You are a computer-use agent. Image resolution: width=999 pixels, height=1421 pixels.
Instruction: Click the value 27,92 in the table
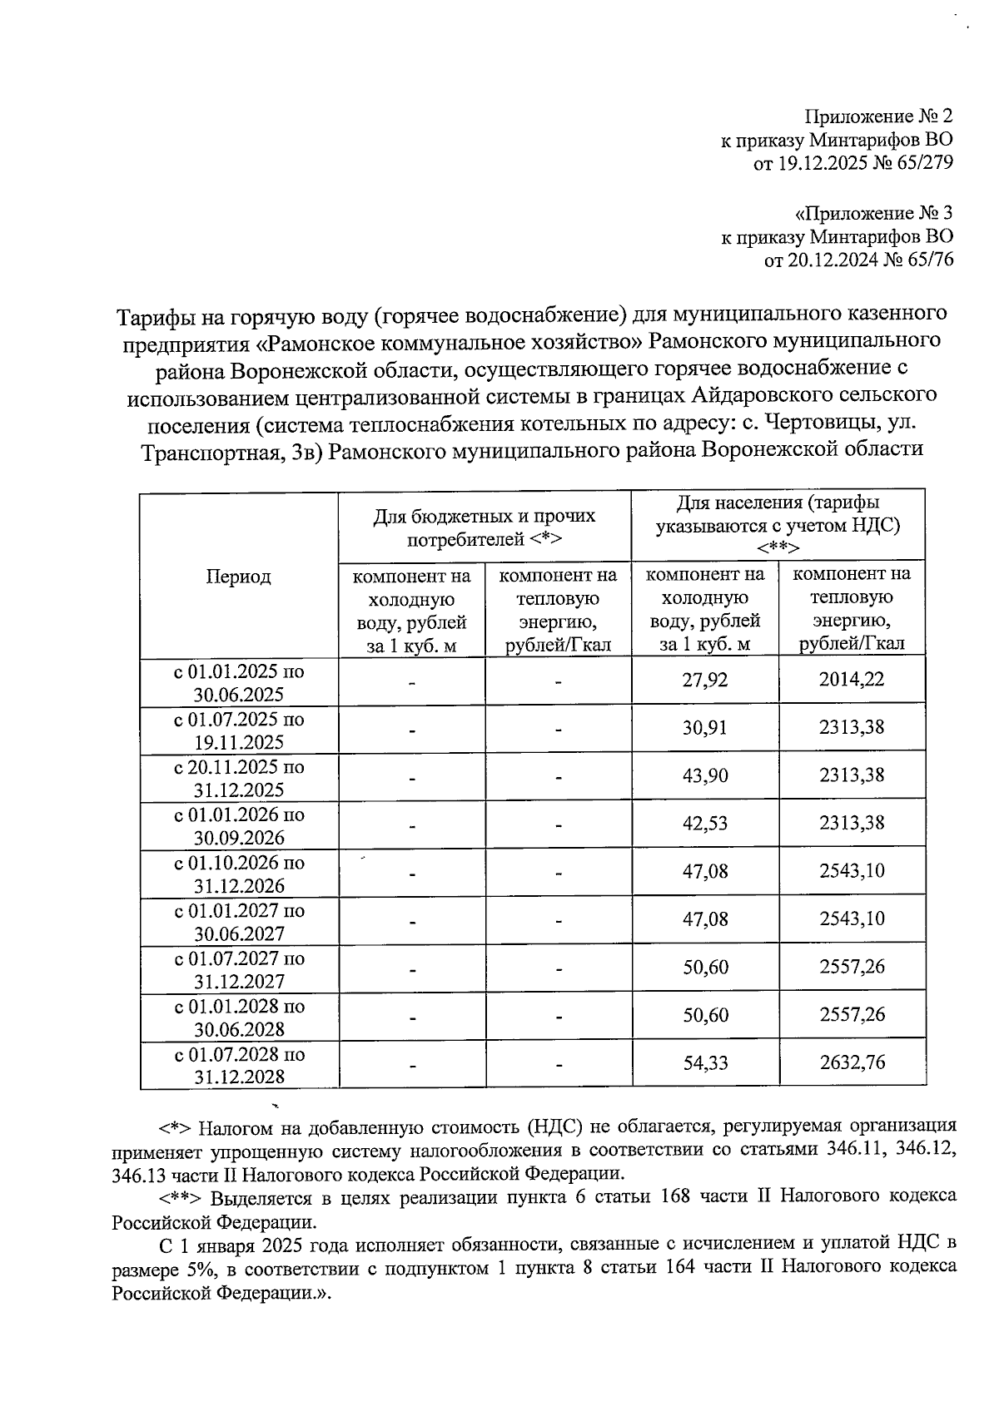tap(705, 681)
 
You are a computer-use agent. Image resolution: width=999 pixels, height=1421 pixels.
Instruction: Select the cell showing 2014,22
tap(852, 680)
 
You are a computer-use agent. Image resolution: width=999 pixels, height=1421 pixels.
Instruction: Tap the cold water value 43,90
tap(705, 776)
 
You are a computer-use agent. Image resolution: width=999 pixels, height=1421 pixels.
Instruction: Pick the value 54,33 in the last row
tap(705, 1063)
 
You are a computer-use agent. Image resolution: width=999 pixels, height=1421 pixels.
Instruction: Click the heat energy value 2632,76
tap(852, 1062)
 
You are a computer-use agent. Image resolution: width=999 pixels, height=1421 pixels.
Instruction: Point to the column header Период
tap(238, 577)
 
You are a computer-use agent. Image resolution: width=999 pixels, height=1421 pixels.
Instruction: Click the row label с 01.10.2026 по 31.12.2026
tap(239, 874)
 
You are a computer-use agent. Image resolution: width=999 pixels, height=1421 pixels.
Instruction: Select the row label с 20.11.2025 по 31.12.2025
tap(239, 778)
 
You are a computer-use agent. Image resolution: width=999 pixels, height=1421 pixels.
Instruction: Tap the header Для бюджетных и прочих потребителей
tap(484, 527)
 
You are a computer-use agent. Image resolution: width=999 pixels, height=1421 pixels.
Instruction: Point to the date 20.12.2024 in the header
tap(828, 260)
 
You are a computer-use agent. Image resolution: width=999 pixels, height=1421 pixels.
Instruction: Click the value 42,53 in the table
tap(705, 824)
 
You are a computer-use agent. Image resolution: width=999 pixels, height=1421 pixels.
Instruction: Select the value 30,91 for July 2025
tap(705, 729)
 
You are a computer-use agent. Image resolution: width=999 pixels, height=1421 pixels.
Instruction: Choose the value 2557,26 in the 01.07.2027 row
tap(852, 967)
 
